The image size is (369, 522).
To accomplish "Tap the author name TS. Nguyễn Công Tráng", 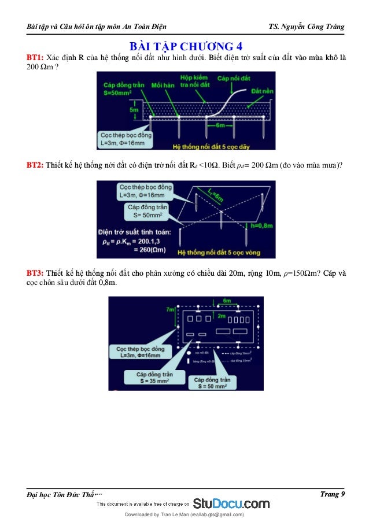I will point(307,27).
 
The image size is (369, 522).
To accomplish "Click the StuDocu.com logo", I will point(231,503).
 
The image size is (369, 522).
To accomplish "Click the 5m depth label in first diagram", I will point(134,109).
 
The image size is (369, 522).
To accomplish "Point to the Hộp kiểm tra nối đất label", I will point(194,82).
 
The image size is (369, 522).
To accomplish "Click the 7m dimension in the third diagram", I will point(170,310).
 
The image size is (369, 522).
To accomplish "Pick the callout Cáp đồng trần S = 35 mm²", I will point(150,378).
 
